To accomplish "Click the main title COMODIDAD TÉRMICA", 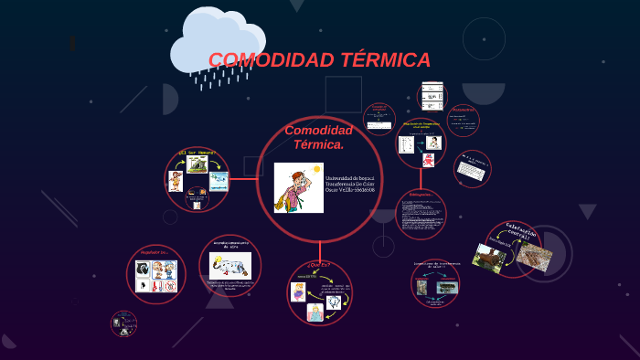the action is click(319, 60).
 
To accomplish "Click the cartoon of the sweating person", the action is click(294, 187).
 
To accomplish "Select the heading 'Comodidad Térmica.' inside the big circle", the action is click(318, 137).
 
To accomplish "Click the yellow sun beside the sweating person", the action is click(316, 170).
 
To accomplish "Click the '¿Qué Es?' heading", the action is click(319, 265).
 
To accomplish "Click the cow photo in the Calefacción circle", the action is click(489, 258).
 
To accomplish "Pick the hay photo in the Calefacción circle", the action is click(534, 256).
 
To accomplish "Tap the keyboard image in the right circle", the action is click(471, 169).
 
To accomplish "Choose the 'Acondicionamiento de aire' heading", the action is click(229, 245).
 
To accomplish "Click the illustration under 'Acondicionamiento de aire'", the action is click(229, 266).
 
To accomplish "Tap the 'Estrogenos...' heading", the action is click(420, 195).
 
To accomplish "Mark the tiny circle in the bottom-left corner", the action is click(123, 323).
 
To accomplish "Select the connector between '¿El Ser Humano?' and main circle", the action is click(242, 179).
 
